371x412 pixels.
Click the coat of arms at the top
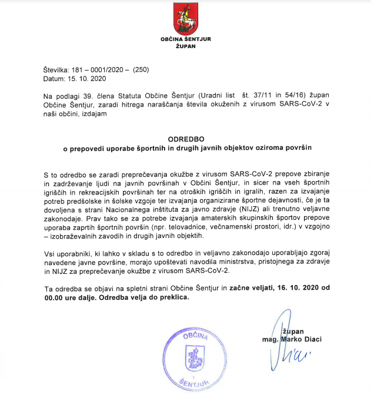click(x=185, y=18)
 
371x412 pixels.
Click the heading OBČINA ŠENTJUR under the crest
click(x=185, y=39)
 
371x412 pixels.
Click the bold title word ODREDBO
click(x=185, y=139)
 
